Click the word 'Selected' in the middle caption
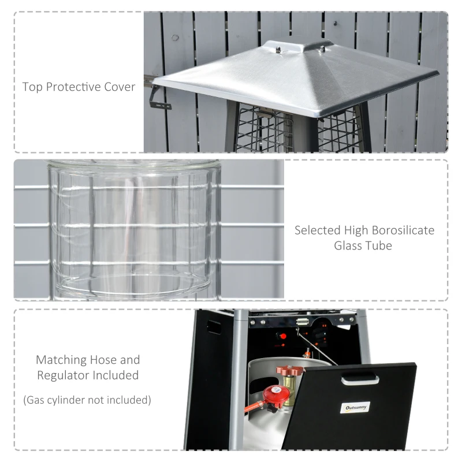click(x=316, y=230)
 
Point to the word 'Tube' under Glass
click(x=379, y=246)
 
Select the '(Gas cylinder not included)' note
click(x=87, y=400)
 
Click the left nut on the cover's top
click(x=278, y=50)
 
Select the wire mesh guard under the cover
click(x=271, y=130)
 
